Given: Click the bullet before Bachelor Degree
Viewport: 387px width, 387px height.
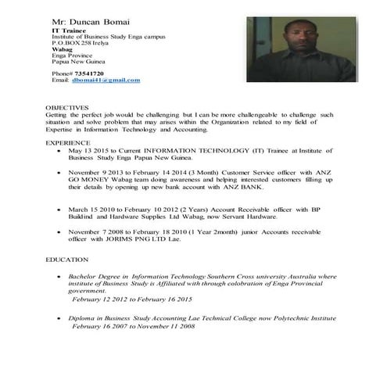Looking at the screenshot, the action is pyautogui.click(x=60, y=277).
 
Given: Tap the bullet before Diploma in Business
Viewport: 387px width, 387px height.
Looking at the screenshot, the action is pyautogui.click(x=60, y=320).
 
